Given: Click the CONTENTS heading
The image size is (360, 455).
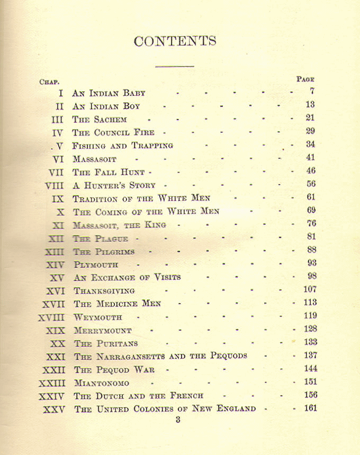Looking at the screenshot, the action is coord(175,41).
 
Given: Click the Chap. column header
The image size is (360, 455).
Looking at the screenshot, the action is coord(49,81).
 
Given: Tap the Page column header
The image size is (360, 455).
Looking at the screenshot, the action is coord(305,79).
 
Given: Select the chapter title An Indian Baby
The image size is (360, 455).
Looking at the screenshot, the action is coord(109,93).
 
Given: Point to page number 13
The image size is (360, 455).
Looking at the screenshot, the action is coord(310,105).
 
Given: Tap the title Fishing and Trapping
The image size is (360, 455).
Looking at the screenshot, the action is coord(123,146).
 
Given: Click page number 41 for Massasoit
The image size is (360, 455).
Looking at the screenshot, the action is coord(310,157).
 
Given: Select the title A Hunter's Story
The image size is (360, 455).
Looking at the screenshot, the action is coord(114,186).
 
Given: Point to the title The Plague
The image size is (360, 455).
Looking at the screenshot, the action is coord(101,239).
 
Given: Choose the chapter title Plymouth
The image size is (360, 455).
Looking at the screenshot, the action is coord(96,265).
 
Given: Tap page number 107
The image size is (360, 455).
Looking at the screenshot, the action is coord(310,289).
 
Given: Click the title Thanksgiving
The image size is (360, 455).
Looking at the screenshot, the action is coord(104,291).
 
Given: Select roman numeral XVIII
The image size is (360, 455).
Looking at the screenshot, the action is coord(51,317).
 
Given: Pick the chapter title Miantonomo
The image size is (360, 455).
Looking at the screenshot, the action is coord(101,383).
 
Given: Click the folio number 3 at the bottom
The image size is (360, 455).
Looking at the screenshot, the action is coord(178,420).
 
